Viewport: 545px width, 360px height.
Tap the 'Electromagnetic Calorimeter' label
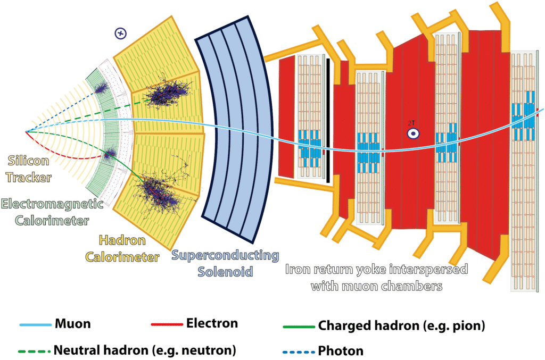(45, 211)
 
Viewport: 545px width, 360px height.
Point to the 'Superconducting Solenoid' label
(225, 263)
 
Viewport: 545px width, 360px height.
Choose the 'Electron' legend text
(212, 323)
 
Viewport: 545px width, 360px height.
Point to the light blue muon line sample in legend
(35, 324)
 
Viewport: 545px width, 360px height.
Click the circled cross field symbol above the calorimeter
(121, 34)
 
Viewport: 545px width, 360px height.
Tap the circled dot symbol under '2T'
(412, 134)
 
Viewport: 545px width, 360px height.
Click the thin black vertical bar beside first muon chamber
(328, 120)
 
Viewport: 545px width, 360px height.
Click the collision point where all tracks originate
(26, 131)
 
